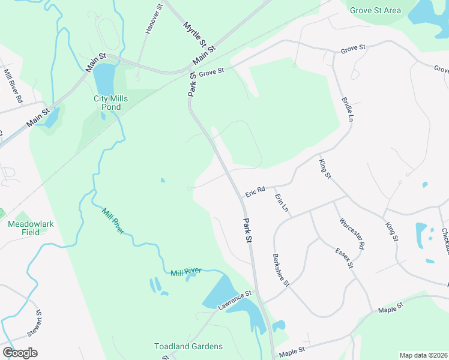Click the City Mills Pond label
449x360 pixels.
pos(107,103)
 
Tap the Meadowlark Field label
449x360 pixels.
pos(31,228)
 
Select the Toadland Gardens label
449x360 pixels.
pos(188,346)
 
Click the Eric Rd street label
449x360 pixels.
pos(255,191)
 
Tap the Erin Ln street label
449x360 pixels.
pos(282,203)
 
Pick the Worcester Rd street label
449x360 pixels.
pos(352,233)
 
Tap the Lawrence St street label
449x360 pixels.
pos(234,301)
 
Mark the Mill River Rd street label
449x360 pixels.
pos(13,85)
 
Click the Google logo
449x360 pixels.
pos(20,352)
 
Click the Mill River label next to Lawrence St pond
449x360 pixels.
pos(185,272)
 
